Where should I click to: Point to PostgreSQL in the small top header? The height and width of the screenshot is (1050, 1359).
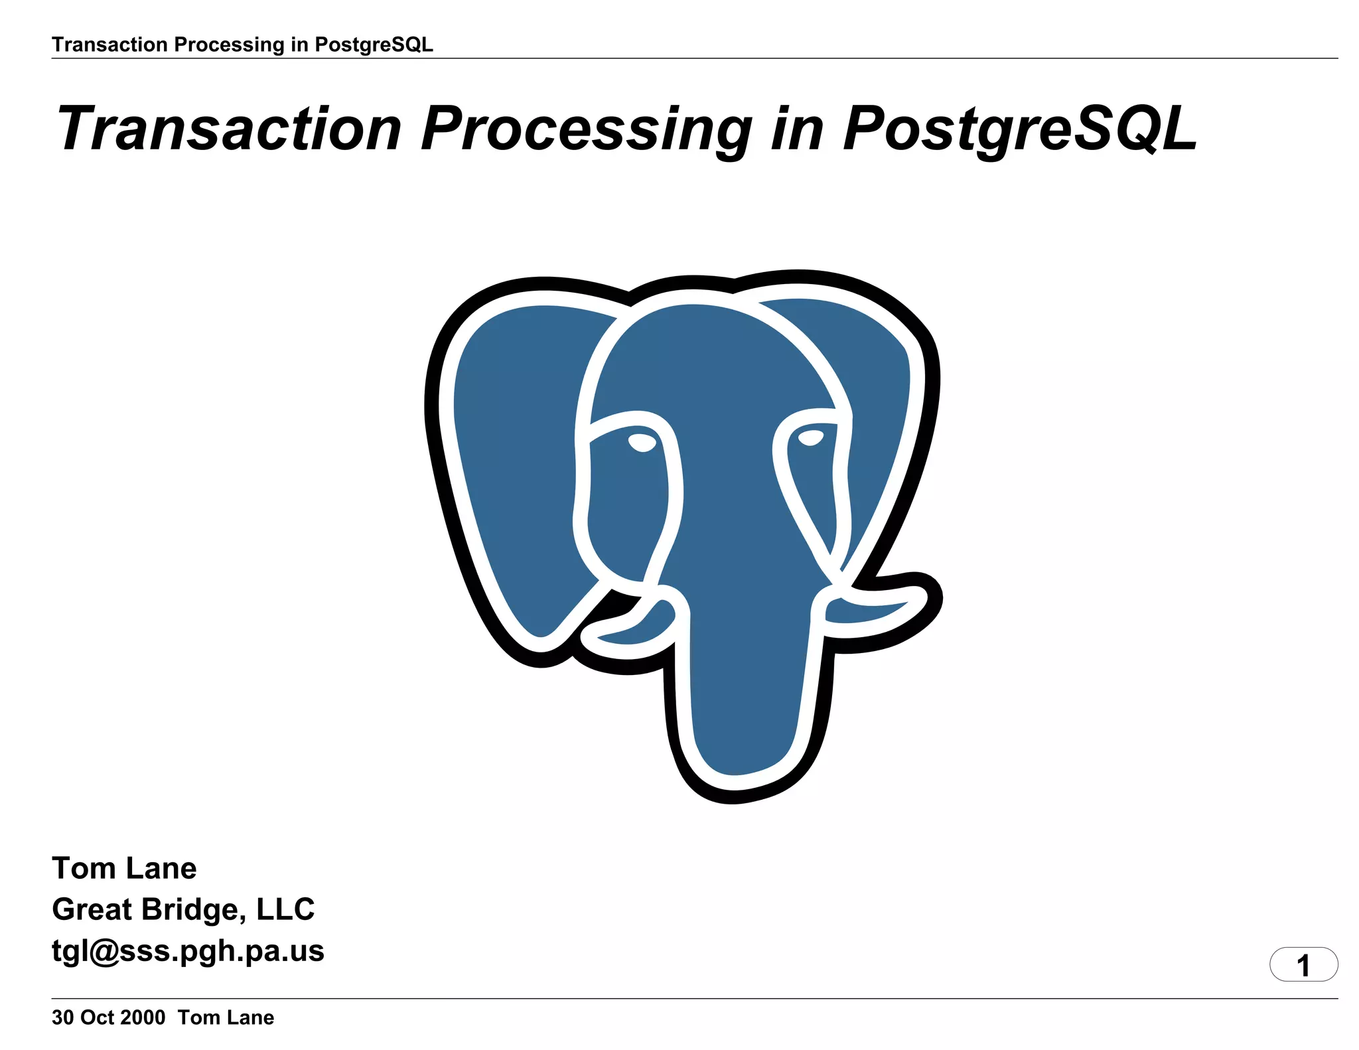click(x=374, y=44)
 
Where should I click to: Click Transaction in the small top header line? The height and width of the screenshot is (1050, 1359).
click(x=109, y=44)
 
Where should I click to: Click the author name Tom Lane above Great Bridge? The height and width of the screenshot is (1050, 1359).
click(x=124, y=868)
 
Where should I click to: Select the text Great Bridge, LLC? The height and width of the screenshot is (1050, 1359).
click(x=183, y=909)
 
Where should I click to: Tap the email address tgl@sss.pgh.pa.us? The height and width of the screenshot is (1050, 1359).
click(x=188, y=950)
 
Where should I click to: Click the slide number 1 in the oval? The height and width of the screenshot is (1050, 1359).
click(x=1303, y=965)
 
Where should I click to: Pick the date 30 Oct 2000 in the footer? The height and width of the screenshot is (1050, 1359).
click(x=108, y=1017)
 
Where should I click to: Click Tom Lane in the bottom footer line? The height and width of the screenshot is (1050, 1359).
click(x=226, y=1017)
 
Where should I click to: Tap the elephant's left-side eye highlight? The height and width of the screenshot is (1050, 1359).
click(x=642, y=441)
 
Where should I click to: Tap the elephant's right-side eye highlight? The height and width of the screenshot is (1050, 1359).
click(x=810, y=437)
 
